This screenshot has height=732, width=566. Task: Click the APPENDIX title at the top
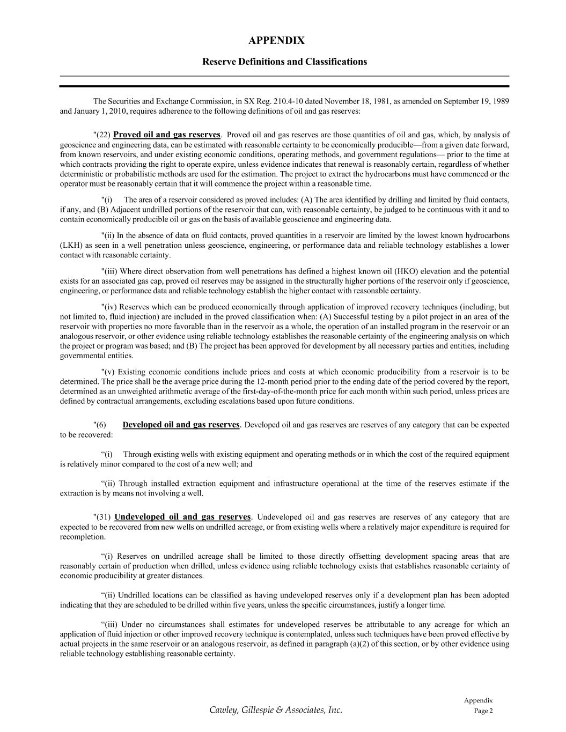(x=276, y=41)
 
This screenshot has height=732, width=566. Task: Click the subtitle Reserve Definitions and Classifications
(x=284, y=62)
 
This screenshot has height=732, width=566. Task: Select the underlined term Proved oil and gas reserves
(x=167, y=135)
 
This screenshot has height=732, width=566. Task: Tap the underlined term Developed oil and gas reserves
(x=181, y=425)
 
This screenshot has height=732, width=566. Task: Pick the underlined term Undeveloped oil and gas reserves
(x=182, y=517)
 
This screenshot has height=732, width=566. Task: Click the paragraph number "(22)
(x=102, y=135)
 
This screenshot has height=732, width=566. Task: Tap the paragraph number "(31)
(x=102, y=517)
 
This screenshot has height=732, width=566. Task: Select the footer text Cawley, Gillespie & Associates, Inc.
(x=276, y=710)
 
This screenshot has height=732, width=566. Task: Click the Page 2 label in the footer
(x=483, y=711)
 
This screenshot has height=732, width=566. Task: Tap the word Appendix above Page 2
(x=478, y=700)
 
